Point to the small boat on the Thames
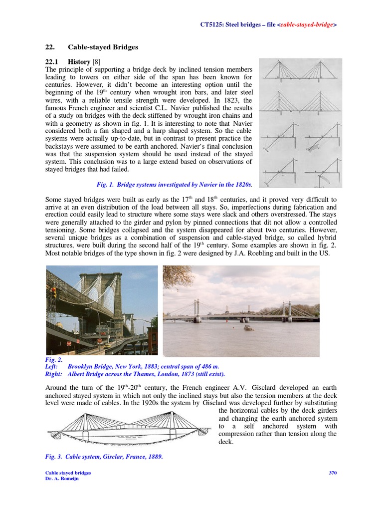(x=247, y=328)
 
